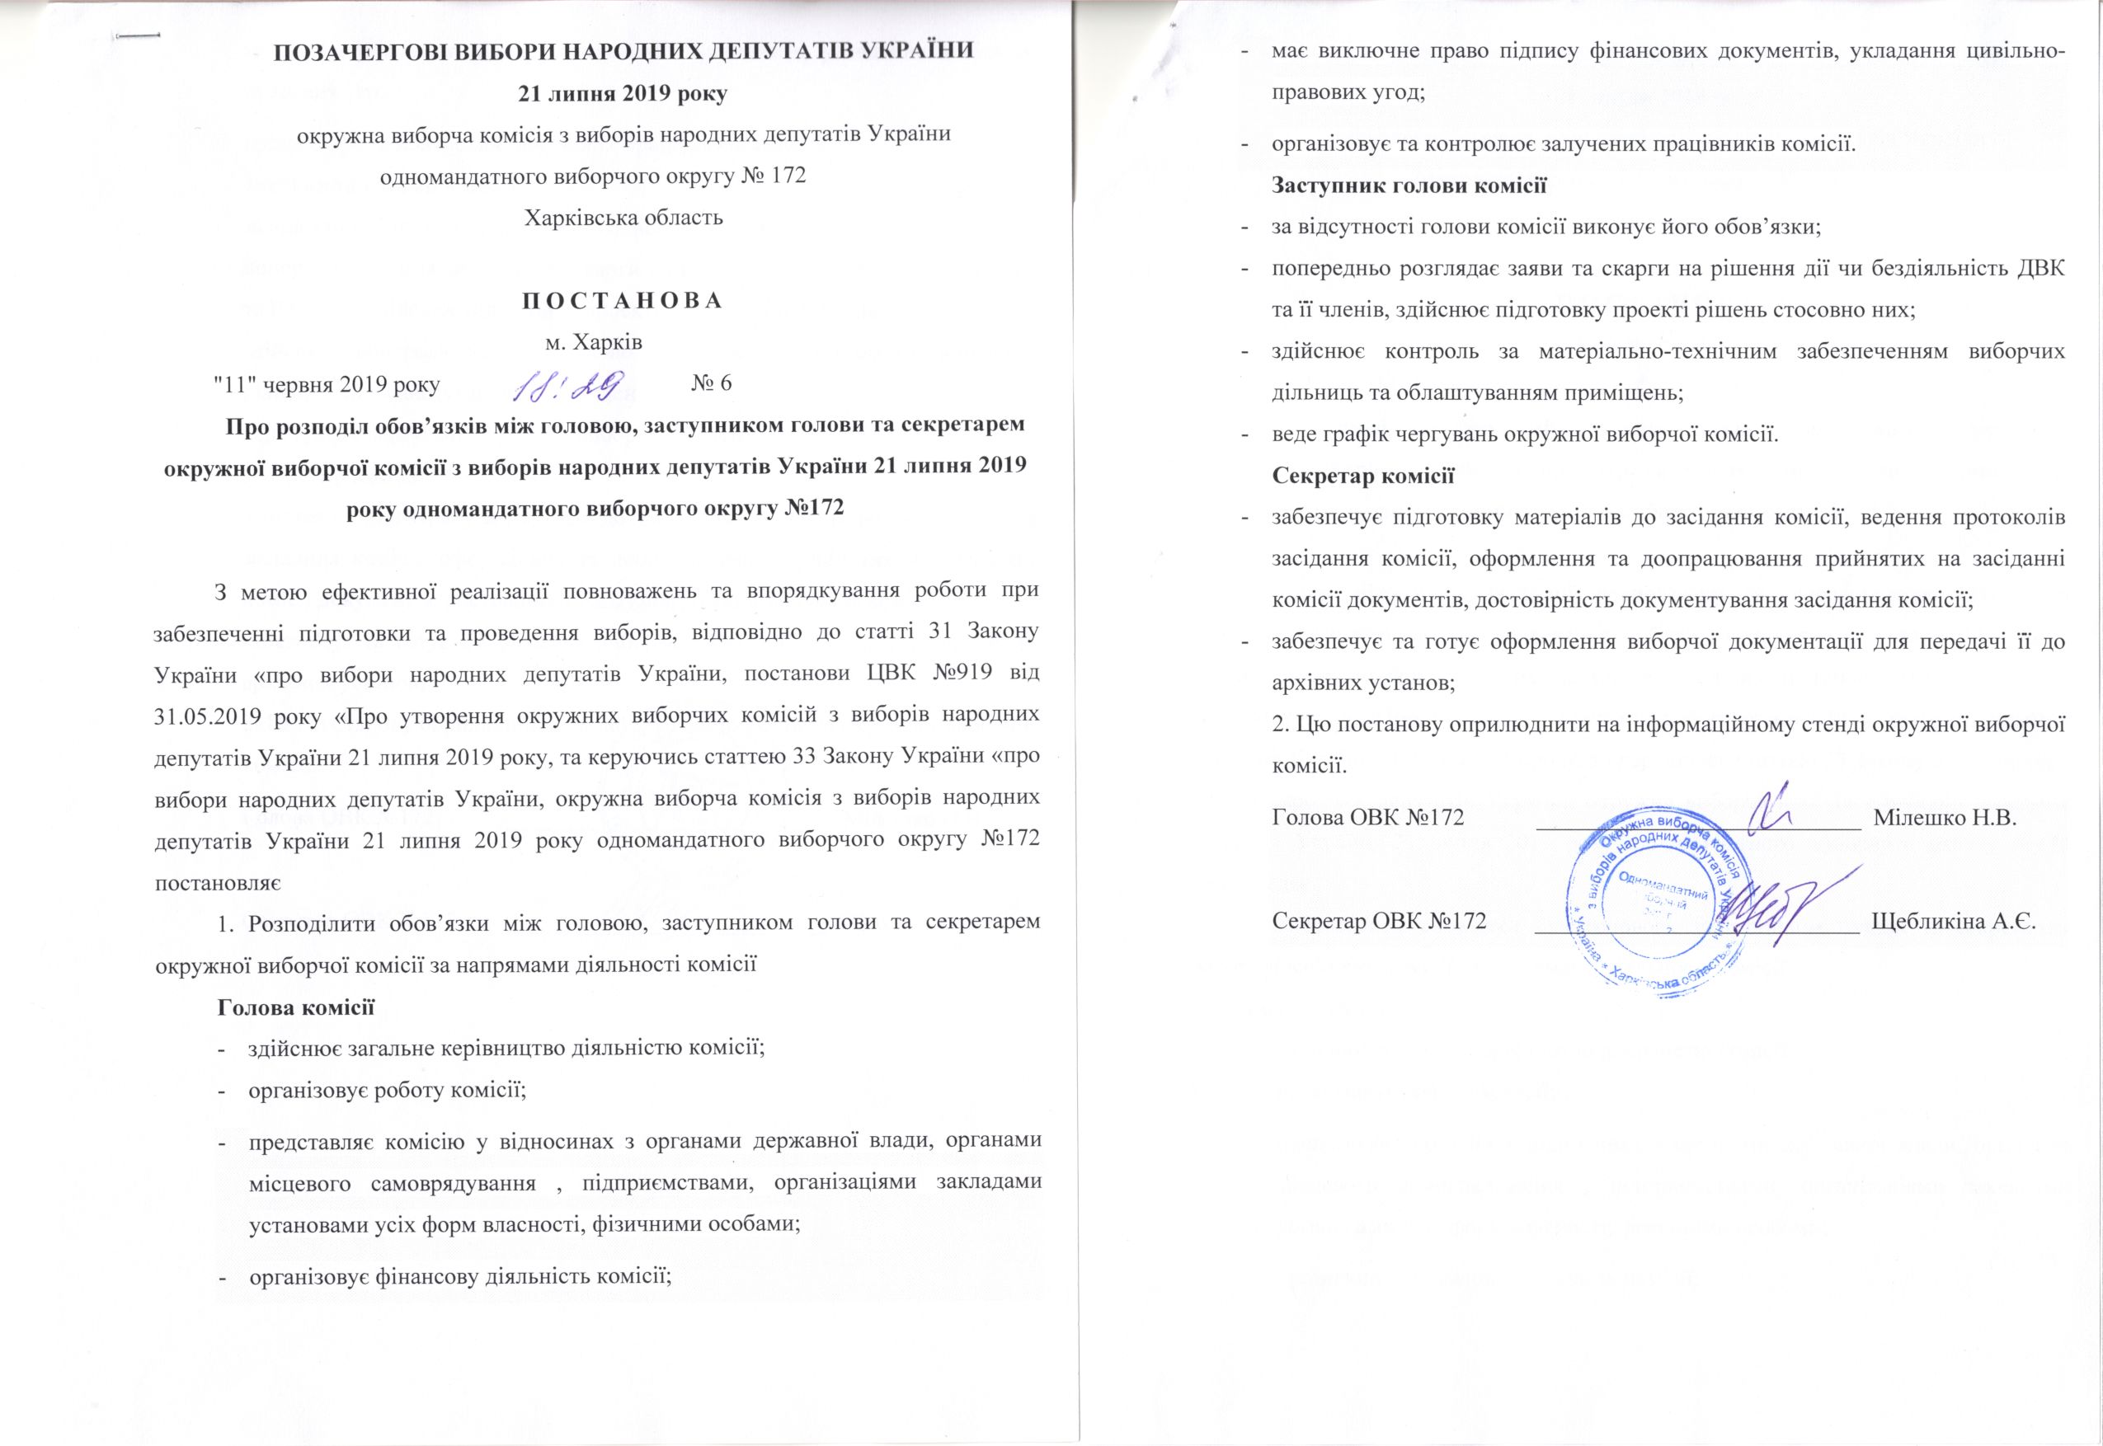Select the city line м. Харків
coord(594,342)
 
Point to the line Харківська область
coord(623,218)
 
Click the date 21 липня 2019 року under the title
coord(623,94)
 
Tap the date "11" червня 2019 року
coord(325,383)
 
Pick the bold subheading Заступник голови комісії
coord(1409,185)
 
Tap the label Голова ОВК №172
coord(1368,817)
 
